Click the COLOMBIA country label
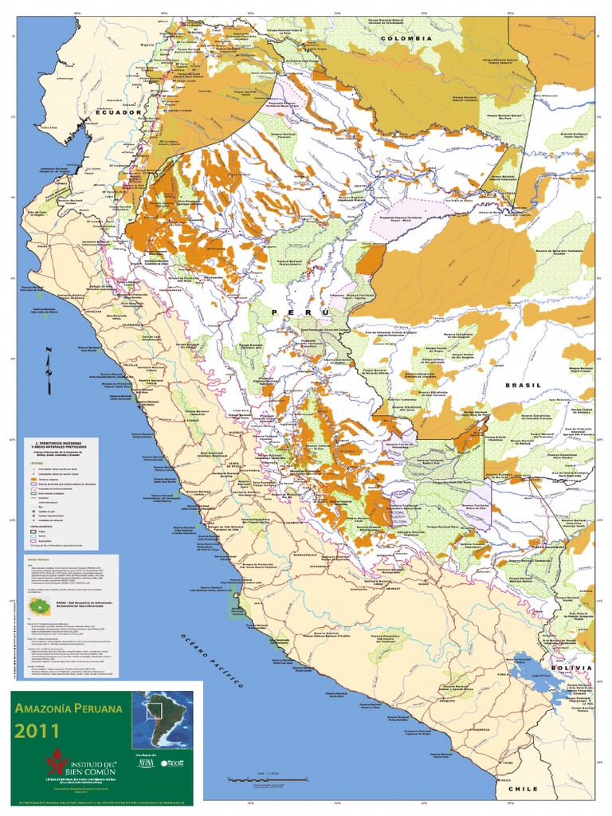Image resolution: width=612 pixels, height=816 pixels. (x=406, y=38)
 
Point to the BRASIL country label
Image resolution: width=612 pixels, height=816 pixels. (x=522, y=385)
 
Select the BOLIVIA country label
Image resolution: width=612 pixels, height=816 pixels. (x=571, y=667)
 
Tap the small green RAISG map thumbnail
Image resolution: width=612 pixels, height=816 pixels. (x=37, y=608)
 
